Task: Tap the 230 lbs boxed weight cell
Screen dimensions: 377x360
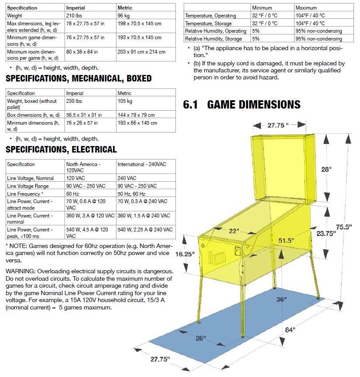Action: [x=74, y=101]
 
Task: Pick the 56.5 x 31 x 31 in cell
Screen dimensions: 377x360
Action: [x=84, y=115]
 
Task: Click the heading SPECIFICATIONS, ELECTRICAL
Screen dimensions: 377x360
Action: [x=61, y=149]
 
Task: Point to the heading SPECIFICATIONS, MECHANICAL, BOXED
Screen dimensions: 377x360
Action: [x=79, y=78]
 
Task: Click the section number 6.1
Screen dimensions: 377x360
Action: [x=191, y=105]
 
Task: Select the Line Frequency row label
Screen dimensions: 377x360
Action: [x=25, y=194]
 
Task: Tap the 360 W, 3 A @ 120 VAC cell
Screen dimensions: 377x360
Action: [x=90, y=216]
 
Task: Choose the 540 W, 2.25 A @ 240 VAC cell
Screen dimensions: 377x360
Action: [x=145, y=230]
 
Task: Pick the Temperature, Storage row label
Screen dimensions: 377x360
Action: [x=208, y=24]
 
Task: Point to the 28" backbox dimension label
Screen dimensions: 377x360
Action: [x=326, y=169]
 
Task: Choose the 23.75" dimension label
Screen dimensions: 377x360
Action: [x=326, y=233]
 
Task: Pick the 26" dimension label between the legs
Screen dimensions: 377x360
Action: [x=201, y=338]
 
